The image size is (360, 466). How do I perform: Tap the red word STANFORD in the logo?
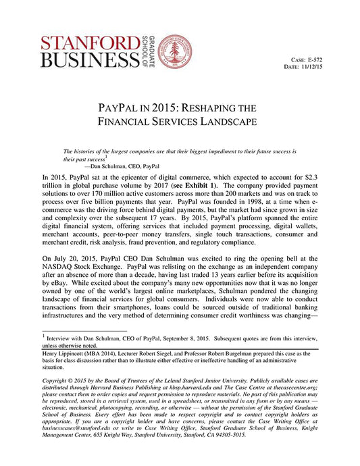point(90,43)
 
